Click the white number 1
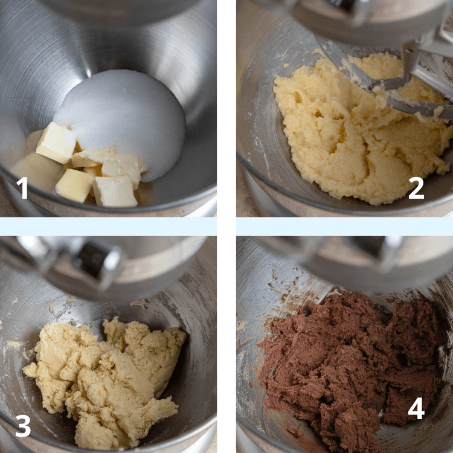point(22,188)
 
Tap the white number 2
point(416,188)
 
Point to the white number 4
point(416,408)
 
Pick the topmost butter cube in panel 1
point(56,143)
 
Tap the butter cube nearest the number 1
point(74,185)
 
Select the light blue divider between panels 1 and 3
point(108,226)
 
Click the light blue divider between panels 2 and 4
point(345,226)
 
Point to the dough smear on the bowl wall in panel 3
point(140,304)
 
